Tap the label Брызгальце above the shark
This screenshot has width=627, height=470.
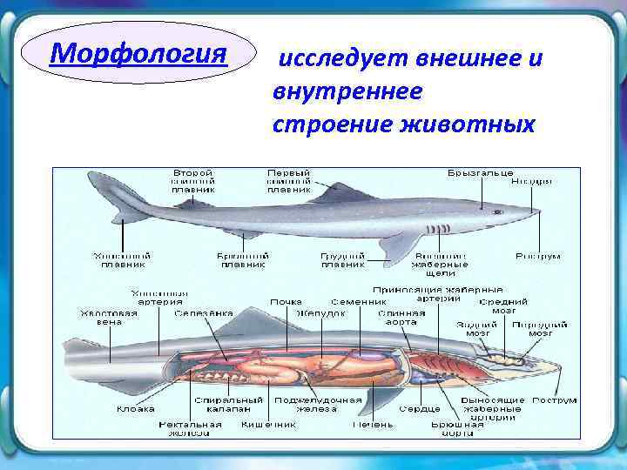point(481,172)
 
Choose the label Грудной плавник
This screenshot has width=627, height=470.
point(342,260)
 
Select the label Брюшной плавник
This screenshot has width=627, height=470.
point(245,260)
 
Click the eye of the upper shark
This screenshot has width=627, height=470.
point(497,211)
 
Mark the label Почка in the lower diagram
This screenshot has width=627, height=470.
point(286,302)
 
